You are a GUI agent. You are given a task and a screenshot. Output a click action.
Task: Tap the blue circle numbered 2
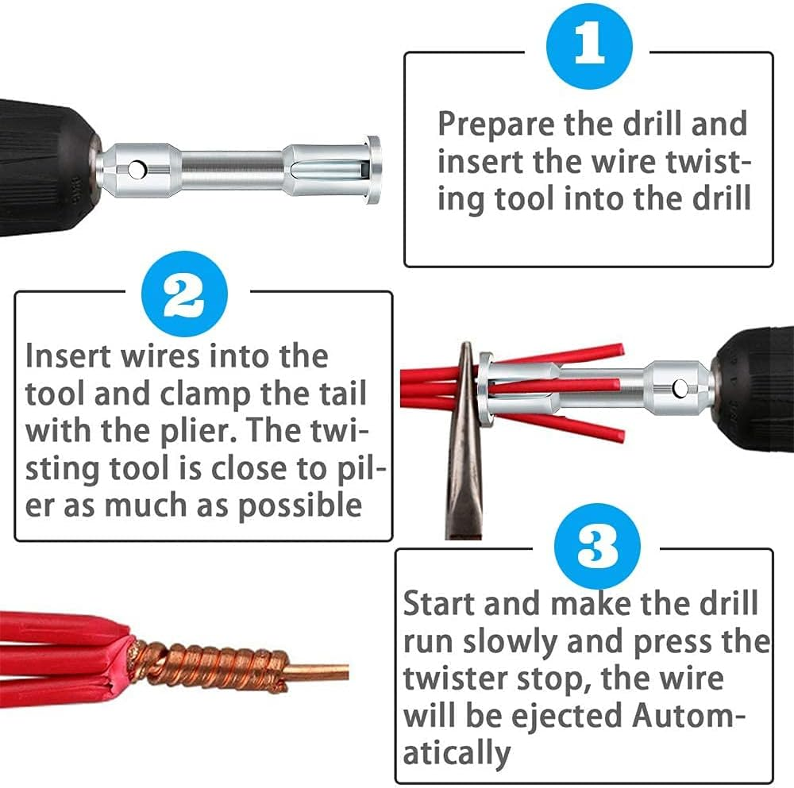184,294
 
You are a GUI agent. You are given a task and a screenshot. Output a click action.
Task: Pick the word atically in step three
457,751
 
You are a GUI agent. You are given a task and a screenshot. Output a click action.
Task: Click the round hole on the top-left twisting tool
139,169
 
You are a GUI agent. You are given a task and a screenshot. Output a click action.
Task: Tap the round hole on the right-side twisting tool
680,388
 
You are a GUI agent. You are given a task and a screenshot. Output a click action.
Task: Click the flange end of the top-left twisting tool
373,169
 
